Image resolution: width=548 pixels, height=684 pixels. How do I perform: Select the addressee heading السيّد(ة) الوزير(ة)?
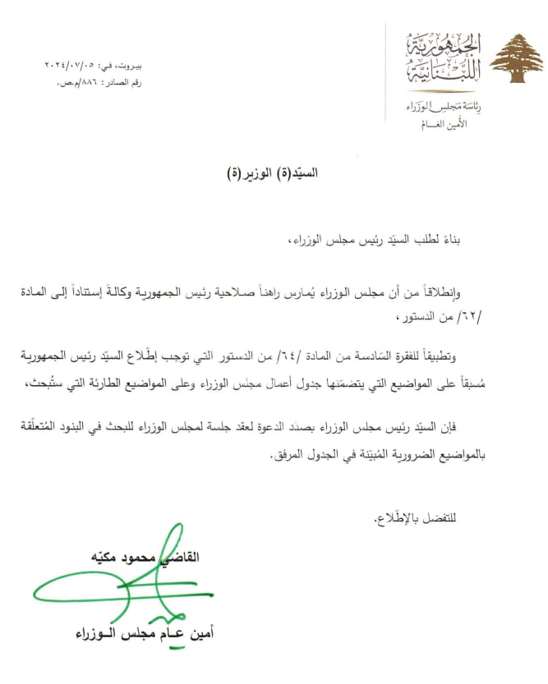(281, 173)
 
